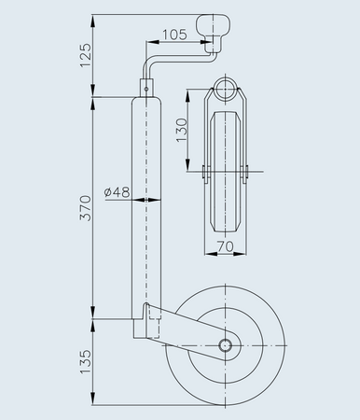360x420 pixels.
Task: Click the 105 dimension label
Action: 174,35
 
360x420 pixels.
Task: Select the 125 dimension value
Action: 86,55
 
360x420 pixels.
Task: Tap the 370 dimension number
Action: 86,208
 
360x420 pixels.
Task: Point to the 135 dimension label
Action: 86,362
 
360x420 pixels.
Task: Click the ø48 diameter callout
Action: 117,192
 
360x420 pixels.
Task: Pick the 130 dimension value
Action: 182,130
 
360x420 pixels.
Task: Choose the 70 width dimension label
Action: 225,246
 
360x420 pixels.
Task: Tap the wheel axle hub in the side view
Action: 226,345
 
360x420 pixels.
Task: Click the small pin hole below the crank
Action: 146,89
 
